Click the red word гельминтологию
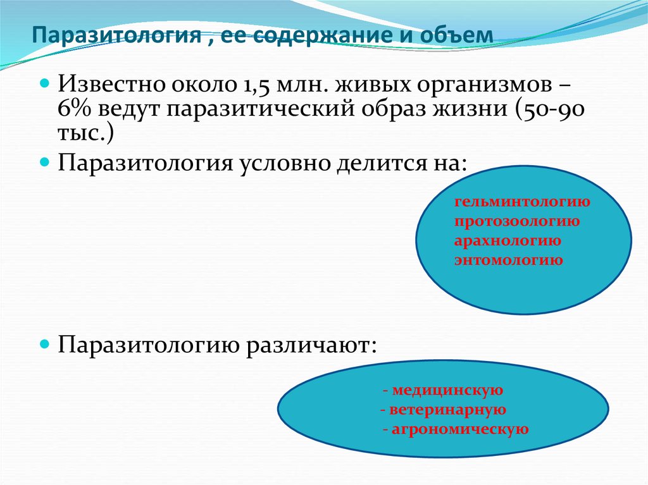coord(522,202)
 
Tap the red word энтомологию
coord(508,260)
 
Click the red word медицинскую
coord(447,390)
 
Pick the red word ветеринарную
coord(447,410)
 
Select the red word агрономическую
coord(459,429)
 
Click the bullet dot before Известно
coord(46,83)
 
